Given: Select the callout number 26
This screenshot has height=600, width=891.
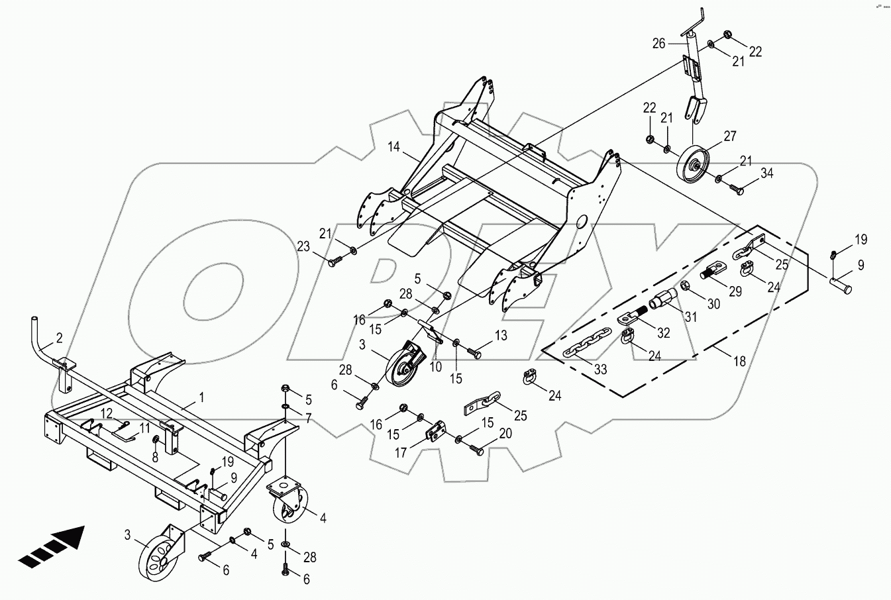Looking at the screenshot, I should click(x=658, y=44).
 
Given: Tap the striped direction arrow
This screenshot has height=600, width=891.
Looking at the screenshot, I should click(x=52, y=547).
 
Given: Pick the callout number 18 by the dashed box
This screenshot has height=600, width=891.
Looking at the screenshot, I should click(x=739, y=362).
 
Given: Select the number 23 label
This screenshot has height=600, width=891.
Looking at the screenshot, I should click(x=303, y=247).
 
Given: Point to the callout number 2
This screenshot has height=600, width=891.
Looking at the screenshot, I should click(x=59, y=338).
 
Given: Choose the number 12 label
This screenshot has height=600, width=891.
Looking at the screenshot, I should click(x=107, y=414).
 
